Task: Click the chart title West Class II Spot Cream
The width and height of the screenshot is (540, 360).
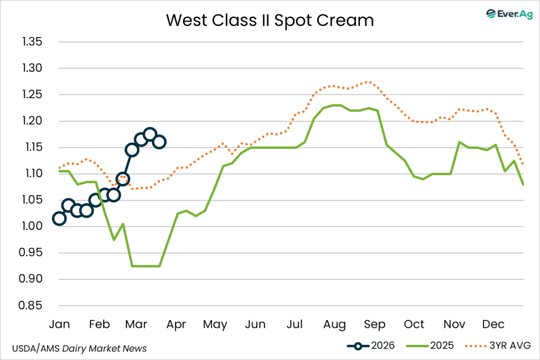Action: pos(269,20)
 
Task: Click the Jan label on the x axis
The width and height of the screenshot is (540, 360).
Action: pos(59,324)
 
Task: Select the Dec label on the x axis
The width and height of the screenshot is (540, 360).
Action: pos(493,324)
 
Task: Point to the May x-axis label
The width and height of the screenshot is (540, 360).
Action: pos(215,324)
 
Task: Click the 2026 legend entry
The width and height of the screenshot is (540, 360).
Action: pos(372,346)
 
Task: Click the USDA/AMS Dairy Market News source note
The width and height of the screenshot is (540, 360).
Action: pos(79,348)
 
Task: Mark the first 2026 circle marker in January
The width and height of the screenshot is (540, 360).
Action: pos(59,219)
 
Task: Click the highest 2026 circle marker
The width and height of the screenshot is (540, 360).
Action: pos(150,134)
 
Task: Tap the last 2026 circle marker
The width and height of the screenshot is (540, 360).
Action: pos(159,142)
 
